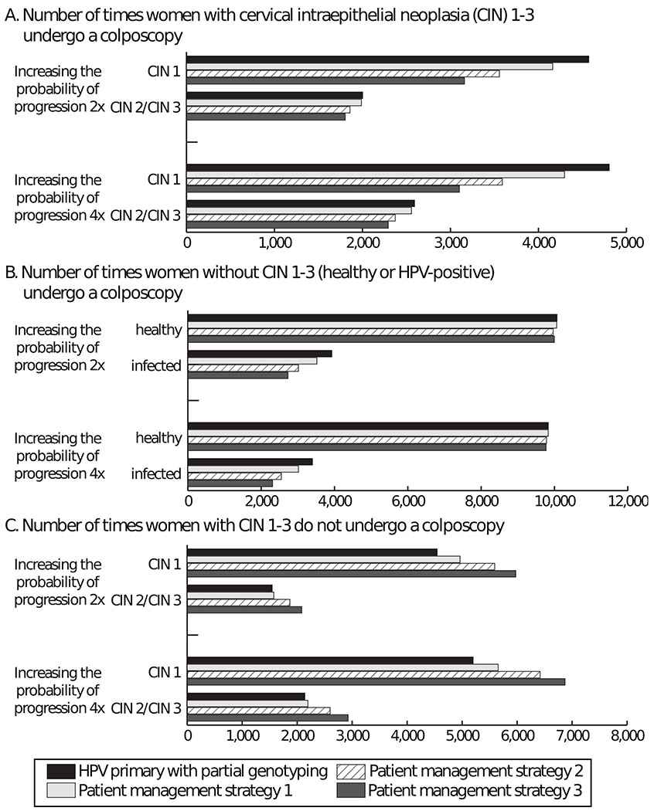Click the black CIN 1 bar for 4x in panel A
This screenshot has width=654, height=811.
click(x=397, y=167)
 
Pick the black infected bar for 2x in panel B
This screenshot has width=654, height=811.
click(x=259, y=353)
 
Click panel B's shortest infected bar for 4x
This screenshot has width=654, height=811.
click(x=230, y=483)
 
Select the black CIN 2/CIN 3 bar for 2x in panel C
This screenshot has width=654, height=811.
click(x=230, y=589)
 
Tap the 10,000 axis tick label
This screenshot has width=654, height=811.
click(x=554, y=501)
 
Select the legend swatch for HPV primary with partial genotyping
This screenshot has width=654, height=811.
click(x=61, y=771)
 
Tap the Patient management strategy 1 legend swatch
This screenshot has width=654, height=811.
click(x=61, y=791)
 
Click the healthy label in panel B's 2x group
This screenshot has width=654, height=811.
click(x=158, y=330)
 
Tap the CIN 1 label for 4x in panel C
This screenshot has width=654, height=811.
click(x=165, y=671)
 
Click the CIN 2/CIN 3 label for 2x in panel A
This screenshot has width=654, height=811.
click(x=146, y=107)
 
